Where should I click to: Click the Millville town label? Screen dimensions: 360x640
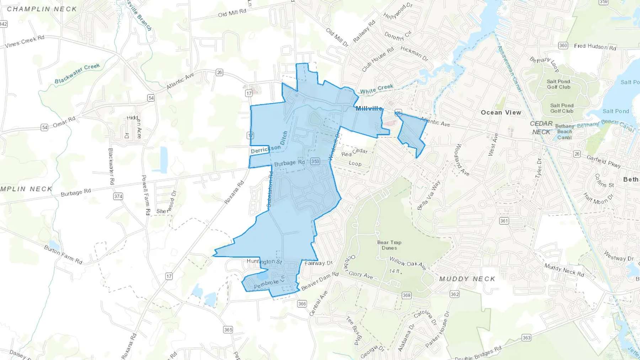[x=369, y=108]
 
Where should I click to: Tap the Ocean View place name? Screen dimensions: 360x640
[x=501, y=112]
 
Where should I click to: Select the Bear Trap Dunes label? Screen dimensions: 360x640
[x=389, y=245]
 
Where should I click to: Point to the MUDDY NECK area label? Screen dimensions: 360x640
[x=467, y=279]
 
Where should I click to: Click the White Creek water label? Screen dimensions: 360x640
[x=377, y=89]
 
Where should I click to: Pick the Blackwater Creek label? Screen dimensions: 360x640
[x=77, y=74]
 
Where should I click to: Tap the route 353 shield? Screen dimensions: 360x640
[x=315, y=161]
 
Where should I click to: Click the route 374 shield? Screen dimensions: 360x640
[x=118, y=196]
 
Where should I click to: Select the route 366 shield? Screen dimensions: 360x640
[x=302, y=303]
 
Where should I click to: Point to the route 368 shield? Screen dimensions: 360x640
[x=406, y=295]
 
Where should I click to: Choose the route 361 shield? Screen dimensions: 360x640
[x=504, y=221]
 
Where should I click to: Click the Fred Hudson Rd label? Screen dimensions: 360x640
[x=595, y=47]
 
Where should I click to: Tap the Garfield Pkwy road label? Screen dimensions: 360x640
[x=603, y=161]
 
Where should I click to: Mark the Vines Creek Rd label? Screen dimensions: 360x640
[x=25, y=42]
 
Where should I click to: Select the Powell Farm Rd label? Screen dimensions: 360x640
[x=146, y=195]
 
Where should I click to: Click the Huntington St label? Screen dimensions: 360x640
[x=264, y=262]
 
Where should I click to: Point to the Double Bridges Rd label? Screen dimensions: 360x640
[x=478, y=353]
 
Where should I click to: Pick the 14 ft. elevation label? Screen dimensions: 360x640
[x=395, y=271]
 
